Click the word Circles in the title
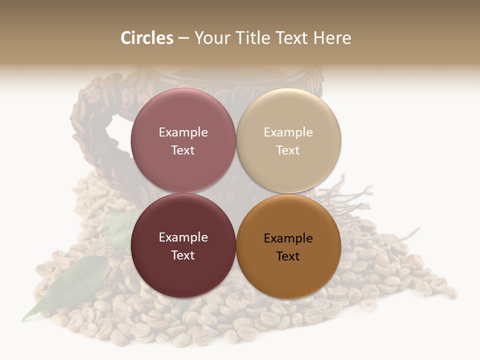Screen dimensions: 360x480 click(147, 38)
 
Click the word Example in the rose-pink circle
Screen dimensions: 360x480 click(183, 132)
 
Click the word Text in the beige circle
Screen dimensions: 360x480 click(288, 150)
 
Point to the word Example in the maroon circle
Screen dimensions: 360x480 click(183, 237)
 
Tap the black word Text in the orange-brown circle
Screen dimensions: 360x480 click(288, 256)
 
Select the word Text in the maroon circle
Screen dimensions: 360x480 click(183, 255)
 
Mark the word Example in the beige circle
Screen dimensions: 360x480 click(288, 132)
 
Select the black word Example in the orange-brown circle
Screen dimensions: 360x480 click(288, 238)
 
